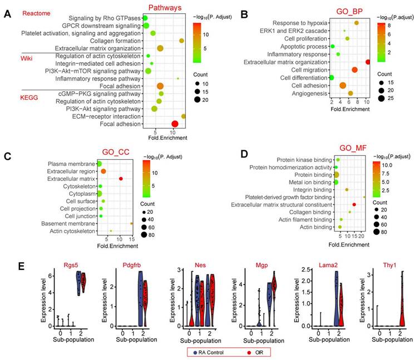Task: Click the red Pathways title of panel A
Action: click(164, 7)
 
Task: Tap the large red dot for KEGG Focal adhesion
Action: click(175, 124)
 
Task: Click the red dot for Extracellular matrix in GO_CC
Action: click(120, 179)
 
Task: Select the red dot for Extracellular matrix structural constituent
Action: click(354, 205)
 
